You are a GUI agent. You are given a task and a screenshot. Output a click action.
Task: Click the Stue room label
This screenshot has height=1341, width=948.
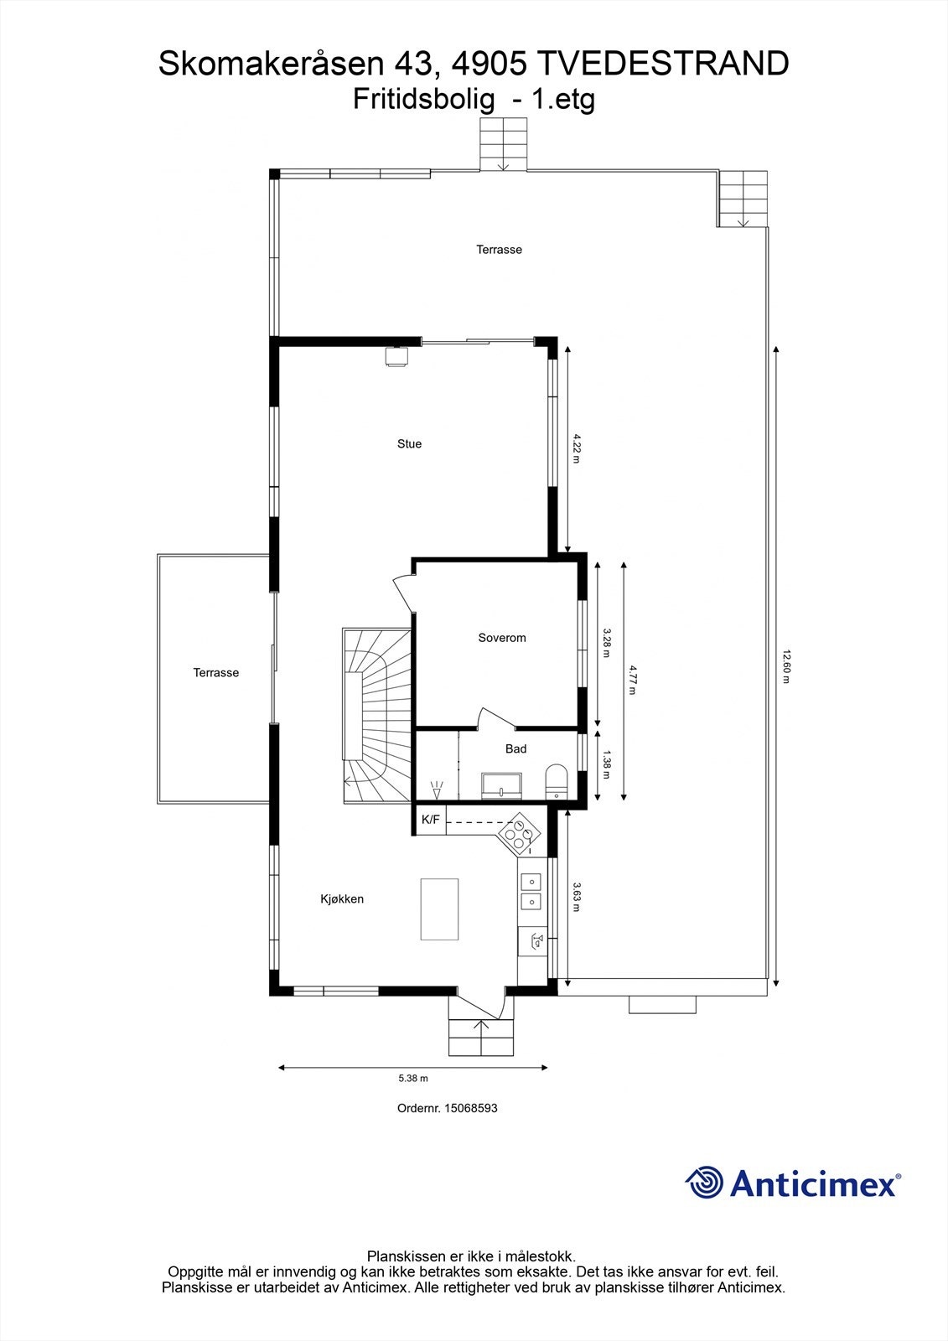tap(409, 444)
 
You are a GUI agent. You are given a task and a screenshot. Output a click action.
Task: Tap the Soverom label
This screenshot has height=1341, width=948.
tap(502, 638)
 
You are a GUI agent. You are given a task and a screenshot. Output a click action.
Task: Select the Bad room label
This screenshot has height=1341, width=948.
tap(515, 748)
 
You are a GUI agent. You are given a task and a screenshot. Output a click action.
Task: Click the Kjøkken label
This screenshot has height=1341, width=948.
tap(342, 899)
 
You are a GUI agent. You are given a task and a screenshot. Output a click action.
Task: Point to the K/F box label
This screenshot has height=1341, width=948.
tap(430, 820)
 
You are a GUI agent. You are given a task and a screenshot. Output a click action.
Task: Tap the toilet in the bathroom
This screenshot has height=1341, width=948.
tap(556, 779)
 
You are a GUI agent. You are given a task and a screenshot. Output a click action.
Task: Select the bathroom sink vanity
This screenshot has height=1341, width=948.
tap(501, 785)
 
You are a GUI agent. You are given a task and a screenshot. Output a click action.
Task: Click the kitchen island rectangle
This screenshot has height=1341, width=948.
tap(439, 909)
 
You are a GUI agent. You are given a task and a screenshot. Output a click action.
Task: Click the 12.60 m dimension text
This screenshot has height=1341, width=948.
tap(786, 666)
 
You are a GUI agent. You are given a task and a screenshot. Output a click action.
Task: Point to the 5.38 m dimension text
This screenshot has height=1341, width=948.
tap(412, 1079)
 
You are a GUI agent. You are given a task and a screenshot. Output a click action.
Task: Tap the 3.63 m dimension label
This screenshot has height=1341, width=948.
tap(577, 897)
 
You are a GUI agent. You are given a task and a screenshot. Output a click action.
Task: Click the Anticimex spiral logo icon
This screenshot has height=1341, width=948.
tap(704, 1183)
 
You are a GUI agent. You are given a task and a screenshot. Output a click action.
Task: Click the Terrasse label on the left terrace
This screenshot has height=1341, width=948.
tap(215, 673)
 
